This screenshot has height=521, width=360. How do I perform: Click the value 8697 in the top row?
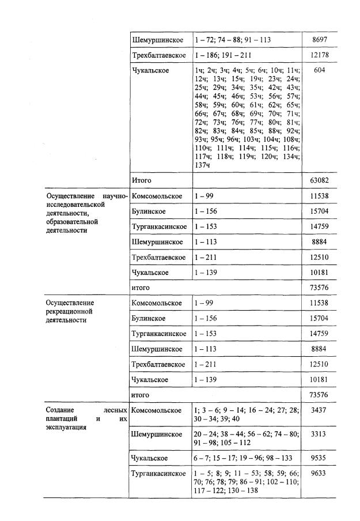point(320,40)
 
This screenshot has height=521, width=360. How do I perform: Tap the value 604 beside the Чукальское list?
point(321,70)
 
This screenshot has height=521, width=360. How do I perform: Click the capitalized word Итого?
point(142,180)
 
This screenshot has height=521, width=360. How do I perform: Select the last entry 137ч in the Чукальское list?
point(202,165)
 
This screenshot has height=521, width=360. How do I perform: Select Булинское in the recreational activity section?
point(149,318)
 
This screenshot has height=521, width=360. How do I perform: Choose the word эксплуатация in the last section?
point(66,428)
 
